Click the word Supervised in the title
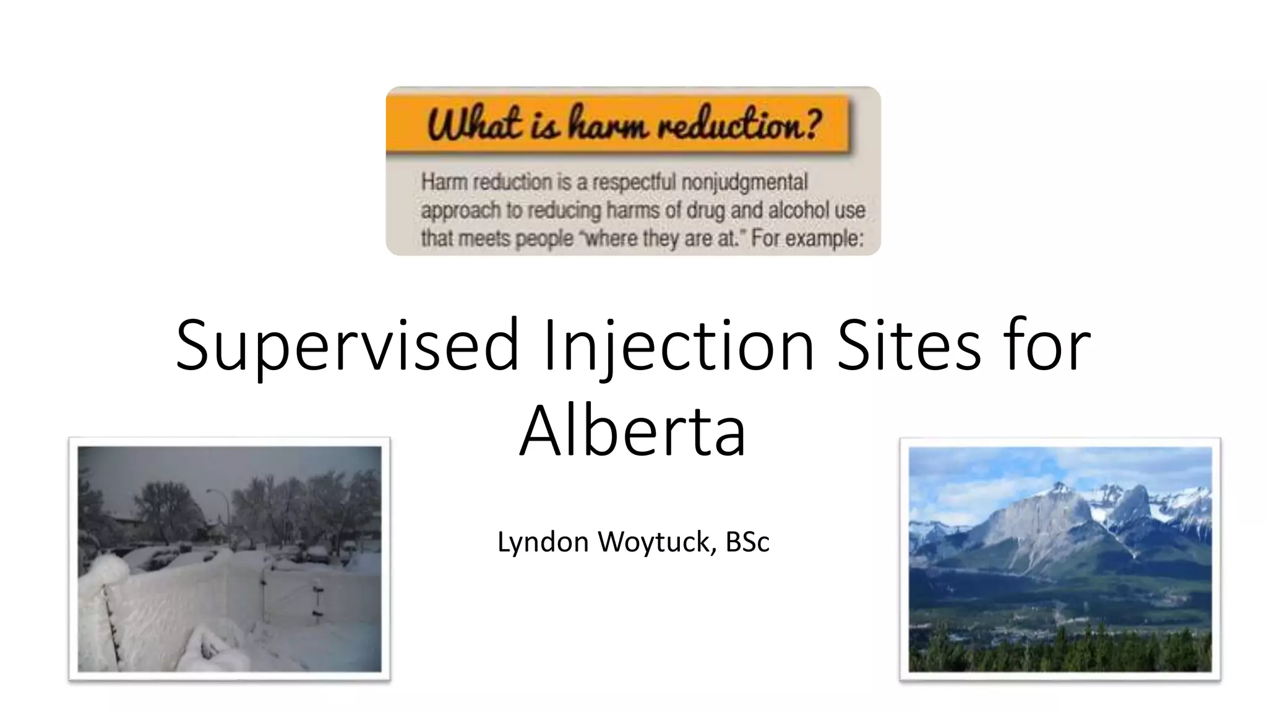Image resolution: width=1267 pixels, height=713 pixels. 346,347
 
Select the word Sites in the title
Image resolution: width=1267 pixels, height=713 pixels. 909,347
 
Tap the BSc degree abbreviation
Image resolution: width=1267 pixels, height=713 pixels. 747,542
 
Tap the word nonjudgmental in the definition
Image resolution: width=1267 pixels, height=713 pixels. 744,182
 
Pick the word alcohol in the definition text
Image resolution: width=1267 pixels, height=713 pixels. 799,210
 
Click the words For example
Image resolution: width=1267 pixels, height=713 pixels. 807,238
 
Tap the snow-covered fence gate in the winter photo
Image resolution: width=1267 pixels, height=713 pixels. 291,591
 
